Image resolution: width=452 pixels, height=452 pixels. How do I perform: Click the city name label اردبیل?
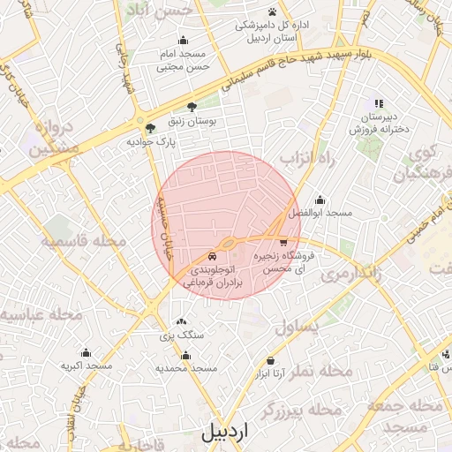coord(225,433)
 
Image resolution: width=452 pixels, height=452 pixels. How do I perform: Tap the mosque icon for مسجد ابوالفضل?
coord(319,200)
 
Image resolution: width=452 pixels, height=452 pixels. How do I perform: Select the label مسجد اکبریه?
coord(87,365)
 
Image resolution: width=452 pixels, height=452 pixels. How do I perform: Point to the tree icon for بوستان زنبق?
coord(192,106)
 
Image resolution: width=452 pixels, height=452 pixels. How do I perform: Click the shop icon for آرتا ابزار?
coord(270,360)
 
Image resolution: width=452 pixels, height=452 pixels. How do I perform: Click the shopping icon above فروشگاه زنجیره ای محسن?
coord(282,241)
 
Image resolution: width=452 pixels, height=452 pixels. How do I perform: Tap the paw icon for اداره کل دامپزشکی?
coord(272,11)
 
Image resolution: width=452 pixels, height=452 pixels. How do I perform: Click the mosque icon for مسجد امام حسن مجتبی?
coord(183,40)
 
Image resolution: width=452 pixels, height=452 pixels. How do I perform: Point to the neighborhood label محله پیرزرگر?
coord(300,411)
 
